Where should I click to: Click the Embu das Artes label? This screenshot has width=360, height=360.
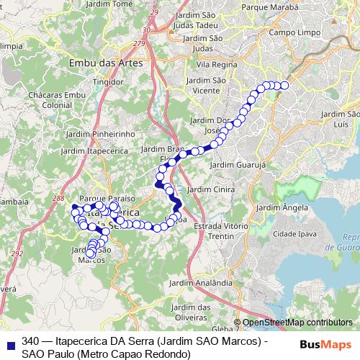(105, 63)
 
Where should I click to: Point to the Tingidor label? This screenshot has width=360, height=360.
(107, 82)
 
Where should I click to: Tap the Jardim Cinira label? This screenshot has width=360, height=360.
(211, 189)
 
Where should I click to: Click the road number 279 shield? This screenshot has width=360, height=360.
(159, 45)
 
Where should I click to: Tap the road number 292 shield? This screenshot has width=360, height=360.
(17, 254)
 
